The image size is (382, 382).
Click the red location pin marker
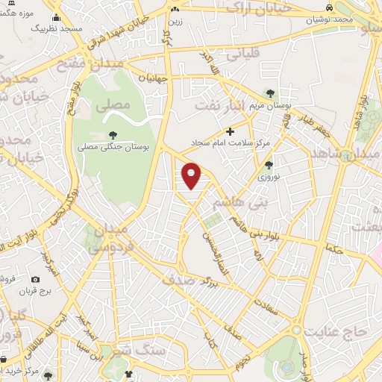pyautogui.click(x=192, y=175)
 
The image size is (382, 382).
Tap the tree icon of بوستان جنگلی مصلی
pyautogui.click(x=113, y=134)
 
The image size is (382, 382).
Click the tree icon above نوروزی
pyautogui.click(x=269, y=165)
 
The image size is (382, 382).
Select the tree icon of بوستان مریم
pyautogui.click(x=269, y=93)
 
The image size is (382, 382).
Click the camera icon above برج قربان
pyautogui.click(x=35, y=278)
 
